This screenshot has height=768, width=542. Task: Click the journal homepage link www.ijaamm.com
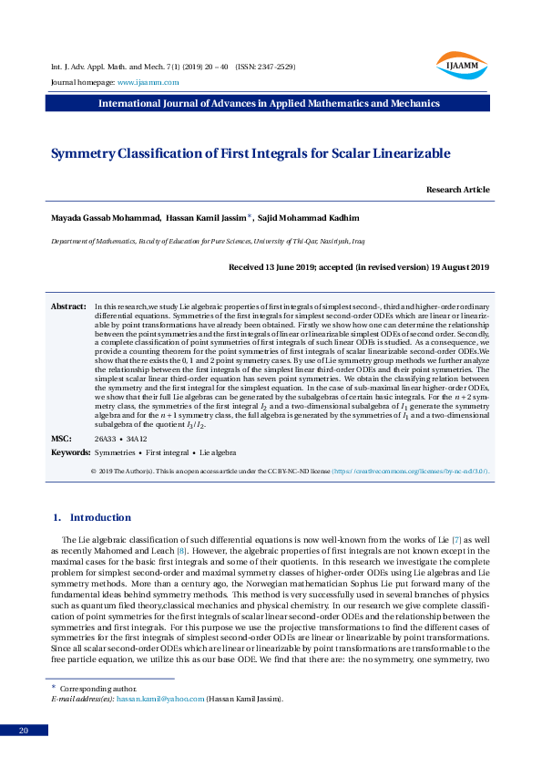click(148, 83)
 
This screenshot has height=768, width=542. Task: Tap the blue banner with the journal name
click(269, 103)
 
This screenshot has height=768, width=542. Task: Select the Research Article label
click(457, 190)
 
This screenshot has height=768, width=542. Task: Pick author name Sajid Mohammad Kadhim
click(308, 219)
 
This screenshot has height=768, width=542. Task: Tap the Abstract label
click(67, 306)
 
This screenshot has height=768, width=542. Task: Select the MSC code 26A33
click(106, 439)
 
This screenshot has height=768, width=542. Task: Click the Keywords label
click(70, 452)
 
